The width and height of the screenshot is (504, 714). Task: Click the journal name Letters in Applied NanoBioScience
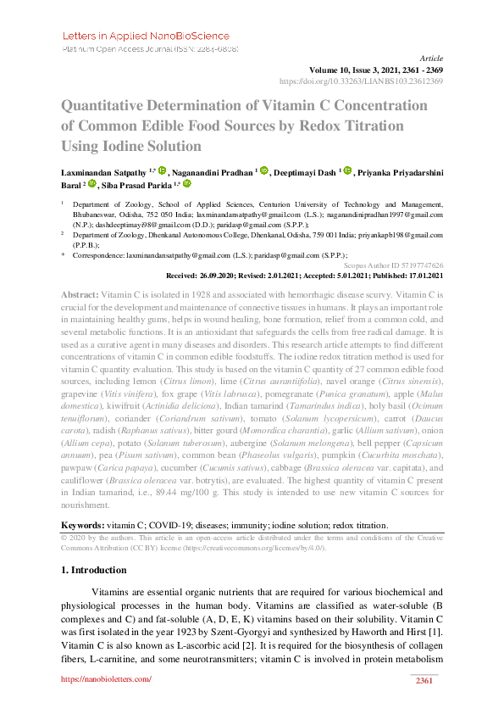point(146,36)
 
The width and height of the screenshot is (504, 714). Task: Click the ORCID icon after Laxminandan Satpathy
point(163,170)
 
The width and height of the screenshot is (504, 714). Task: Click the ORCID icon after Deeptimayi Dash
point(346,170)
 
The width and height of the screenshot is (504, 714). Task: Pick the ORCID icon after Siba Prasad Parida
point(187,183)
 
